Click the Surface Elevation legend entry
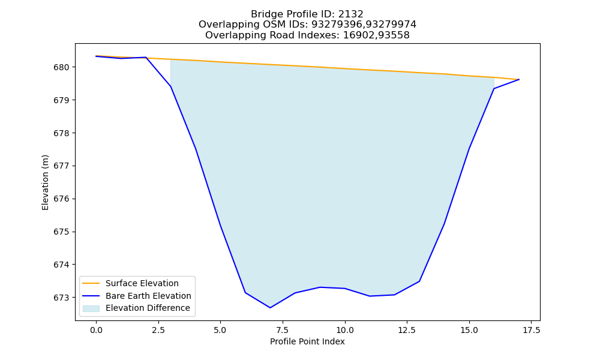click(x=142, y=283)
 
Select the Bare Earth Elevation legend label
click(x=148, y=296)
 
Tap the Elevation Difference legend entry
click(x=148, y=308)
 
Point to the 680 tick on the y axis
click(x=61, y=68)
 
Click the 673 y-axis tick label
click(x=61, y=298)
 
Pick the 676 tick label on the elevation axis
click(x=61, y=199)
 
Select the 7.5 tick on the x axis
click(x=283, y=330)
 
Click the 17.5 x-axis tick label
click(x=532, y=330)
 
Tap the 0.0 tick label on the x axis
click(x=96, y=330)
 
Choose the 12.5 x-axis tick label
click(x=407, y=330)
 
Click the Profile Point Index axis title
click(x=307, y=341)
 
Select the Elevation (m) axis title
click(x=46, y=182)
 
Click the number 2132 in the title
click(x=350, y=14)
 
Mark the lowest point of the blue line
click(x=270, y=308)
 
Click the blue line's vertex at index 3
click(x=170, y=86)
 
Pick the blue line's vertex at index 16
click(x=494, y=89)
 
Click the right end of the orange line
click(x=519, y=80)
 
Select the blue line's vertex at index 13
click(x=419, y=281)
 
